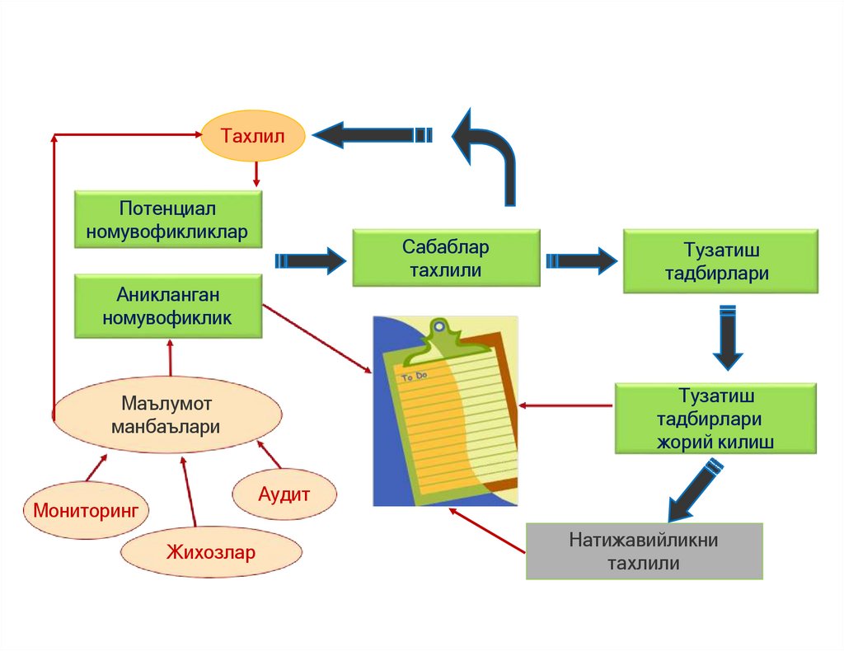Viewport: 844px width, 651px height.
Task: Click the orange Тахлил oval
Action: [253, 136]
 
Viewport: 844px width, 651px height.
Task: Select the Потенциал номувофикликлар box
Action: [169, 219]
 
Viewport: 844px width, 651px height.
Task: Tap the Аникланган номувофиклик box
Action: [169, 306]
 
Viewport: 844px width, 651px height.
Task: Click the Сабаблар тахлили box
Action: [446, 258]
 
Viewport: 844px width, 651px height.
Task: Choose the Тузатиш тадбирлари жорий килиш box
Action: [715, 419]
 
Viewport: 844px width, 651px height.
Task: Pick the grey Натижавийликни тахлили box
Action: [644, 551]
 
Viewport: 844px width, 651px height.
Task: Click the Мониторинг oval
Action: [86, 509]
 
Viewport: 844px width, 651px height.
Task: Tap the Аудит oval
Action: [284, 494]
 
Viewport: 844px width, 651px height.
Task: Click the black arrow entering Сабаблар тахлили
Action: [310, 260]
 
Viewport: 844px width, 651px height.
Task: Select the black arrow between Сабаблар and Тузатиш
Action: [581, 260]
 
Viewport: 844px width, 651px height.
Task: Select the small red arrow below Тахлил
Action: [256, 172]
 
